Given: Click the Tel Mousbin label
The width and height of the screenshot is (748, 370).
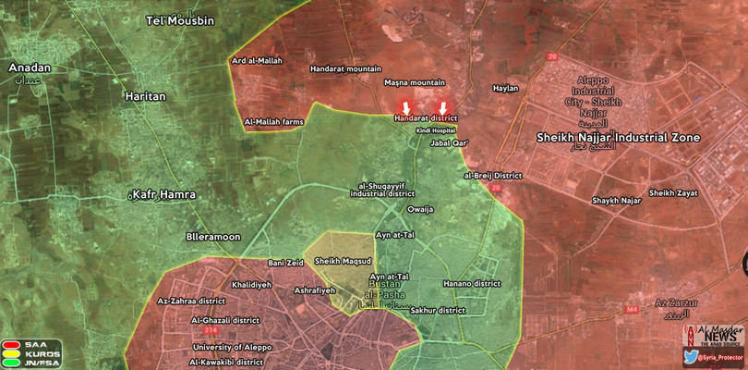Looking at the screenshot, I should point(182,19).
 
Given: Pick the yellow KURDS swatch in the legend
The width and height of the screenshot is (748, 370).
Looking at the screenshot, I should point(13,353).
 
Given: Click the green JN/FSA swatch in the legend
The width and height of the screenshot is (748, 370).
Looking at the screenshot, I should point(13,363).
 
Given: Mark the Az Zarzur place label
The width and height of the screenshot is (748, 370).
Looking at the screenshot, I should point(671,302).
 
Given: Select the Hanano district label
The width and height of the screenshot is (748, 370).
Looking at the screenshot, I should point(471,283).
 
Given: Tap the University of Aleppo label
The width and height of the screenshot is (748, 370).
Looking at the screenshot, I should point(232,347).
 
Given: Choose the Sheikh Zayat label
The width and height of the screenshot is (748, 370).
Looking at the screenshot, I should point(672,192).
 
